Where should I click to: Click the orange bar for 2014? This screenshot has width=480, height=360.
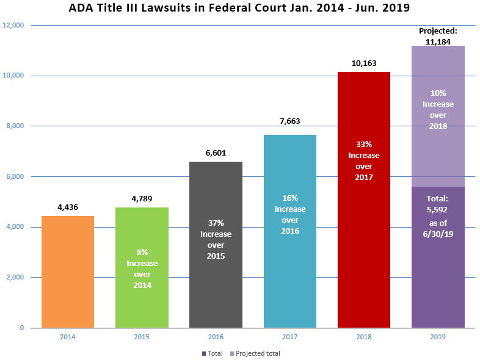[x=67, y=272]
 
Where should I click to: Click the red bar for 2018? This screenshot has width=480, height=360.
[x=364, y=244]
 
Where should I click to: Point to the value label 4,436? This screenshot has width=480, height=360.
[x=67, y=207]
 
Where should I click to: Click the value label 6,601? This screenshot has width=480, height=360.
[x=216, y=153]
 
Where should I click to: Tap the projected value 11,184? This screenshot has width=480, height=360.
[x=438, y=41]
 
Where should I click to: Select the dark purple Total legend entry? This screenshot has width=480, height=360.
[x=212, y=353]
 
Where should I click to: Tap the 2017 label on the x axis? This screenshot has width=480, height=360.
[x=290, y=337]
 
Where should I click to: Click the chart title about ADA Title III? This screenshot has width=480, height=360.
[x=240, y=9]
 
